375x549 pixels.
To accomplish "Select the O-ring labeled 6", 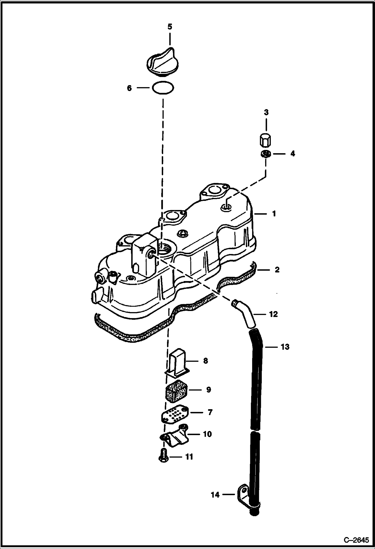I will [163, 88].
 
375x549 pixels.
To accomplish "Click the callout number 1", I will [274, 214].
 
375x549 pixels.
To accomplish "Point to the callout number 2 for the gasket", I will [277, 270].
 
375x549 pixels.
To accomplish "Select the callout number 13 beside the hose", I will [285, 347].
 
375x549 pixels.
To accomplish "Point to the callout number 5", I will [170, 27].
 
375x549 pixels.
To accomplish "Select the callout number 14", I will [215, 495].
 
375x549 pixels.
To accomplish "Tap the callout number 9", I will [209, 390].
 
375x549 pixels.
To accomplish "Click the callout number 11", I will [189, 457].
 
